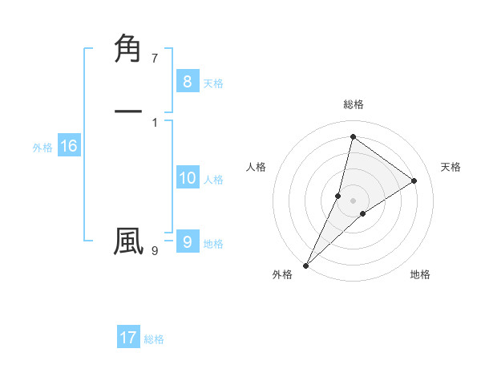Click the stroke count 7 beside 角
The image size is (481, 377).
tap(155, 59)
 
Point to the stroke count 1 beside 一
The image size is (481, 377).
tap(155, 122)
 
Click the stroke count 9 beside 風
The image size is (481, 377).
tap(155, 251)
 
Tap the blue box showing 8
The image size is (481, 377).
tap(187, 81)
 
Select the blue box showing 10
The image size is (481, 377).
tap(187, 178)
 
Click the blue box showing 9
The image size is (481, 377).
tap(187, 241)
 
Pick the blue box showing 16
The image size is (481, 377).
tap(68, 146)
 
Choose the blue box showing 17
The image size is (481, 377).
tap(128, 338)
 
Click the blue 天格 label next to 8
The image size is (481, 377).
tap(213, 83)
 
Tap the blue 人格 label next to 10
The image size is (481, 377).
tap(213, 180)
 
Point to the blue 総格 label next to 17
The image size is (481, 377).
tap(154, 339)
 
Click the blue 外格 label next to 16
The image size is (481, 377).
tap(42, 148)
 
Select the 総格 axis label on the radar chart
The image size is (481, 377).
tap(353, 104)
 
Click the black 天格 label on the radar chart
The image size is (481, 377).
tap(451, 167)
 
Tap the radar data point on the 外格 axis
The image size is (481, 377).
tap(305, 265)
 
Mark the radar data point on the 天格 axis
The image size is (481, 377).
tap(414, 180)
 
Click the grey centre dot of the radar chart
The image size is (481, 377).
tap(353, 200)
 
